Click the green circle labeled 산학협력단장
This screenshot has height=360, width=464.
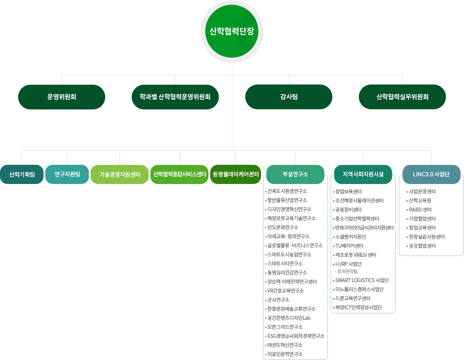coord(232,32)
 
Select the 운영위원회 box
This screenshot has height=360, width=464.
coord(62,97)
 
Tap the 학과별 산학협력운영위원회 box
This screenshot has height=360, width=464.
coord(175,97)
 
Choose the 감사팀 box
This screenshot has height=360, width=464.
coord(289,97)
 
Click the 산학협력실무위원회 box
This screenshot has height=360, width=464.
coord(402,97)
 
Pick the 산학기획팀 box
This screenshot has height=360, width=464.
coord(22,174)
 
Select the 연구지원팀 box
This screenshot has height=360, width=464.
coord(67,174)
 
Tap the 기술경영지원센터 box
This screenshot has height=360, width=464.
coord(120,175)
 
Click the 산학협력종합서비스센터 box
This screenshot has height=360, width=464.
coord(179,174)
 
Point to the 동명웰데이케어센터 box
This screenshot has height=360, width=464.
coord(236,174)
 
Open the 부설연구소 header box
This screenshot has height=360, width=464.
coord(295,174)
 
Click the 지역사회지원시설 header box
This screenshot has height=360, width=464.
coord(363,174)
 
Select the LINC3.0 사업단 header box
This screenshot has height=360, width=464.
coord(431,174)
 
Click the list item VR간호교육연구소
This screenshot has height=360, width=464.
coord(285,291)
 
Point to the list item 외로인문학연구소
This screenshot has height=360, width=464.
coord(285,354)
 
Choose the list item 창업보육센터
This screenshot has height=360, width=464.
coord(348,192)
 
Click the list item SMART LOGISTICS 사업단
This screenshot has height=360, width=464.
coord(362,280)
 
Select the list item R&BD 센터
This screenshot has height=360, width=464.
coord(420,210)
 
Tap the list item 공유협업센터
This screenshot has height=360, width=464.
coord(422,246)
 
